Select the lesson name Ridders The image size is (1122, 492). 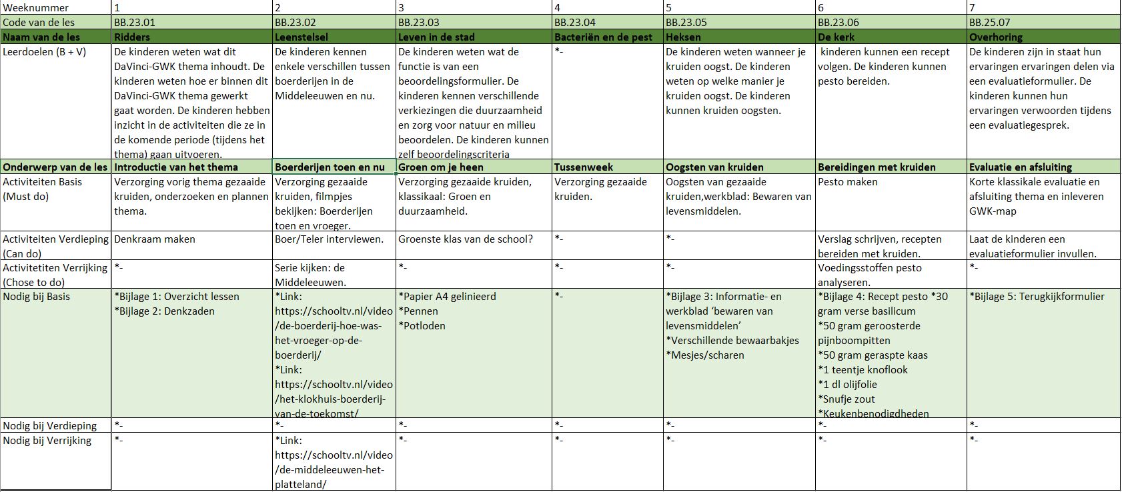[x=132, y=37]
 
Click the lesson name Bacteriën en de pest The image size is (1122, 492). [x=603, y=37]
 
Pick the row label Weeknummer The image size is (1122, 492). [x=35, y=7]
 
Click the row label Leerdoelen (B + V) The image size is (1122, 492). [x=45, y=52]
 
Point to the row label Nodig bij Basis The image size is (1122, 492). [x=37, y=297]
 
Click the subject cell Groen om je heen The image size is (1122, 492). [x=441, y=167]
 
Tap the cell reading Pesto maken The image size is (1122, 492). [x=848, y=182]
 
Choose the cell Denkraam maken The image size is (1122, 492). [x=155, y=239]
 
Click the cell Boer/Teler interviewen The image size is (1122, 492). [x=329, y=239]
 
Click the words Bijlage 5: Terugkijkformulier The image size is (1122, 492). [x=1039, y=297]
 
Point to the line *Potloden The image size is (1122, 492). [x=422, y=326]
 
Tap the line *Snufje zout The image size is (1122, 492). [x=847, y=399]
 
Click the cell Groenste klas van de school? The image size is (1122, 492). [x=465, y=239]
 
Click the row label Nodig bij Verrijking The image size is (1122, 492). [x=47, y=441]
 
